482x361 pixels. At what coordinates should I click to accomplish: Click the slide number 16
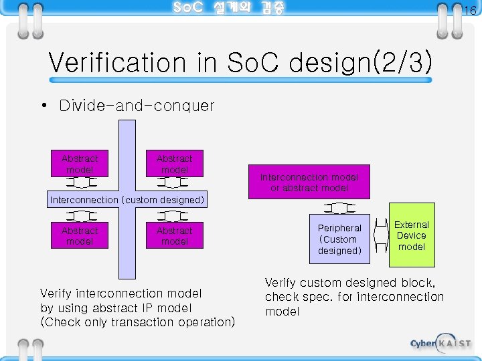click(x=469, y=11)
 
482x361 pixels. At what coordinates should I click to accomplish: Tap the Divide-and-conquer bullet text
click(x=137, y=106)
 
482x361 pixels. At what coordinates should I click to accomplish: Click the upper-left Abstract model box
click(x=80, y=164)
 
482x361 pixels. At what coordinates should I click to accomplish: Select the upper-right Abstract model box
click(x=174, y=164)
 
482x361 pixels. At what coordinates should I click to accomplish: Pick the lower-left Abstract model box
click(x=80, y=236)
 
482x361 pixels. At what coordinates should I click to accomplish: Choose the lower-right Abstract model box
click(x=174, y=236)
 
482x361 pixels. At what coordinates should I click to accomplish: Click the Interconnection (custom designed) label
click(x=127, y=199)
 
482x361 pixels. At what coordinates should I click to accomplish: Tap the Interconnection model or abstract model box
click(x=309, y=182)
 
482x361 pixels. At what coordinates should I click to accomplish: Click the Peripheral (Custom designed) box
click(x=339, y=239)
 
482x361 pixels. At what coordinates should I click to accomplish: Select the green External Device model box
click(x=412, y=235)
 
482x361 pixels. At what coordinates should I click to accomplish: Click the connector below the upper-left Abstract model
click(x=80, y=183)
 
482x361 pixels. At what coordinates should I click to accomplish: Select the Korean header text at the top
click(x=228, y=8)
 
